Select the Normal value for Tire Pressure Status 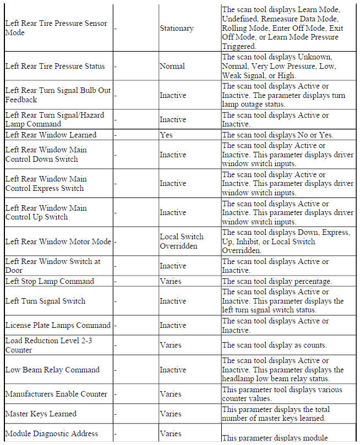[x=172, y=67]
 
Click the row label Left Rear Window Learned [x=51, y=135]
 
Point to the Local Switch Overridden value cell [x=181, y=241]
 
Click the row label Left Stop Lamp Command [x=50, y=281]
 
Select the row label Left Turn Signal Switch [x=45, y=301]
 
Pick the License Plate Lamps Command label [x=58, y=325]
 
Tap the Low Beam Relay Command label [x=52, y=370]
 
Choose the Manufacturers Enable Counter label [x=56, y=394]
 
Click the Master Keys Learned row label [x=41, y=414]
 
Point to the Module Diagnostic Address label [x=52, y=433]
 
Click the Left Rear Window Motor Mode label [x=58, y=241]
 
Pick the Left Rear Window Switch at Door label [x=53, y=266]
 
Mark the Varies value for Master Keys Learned [x=170, y=414]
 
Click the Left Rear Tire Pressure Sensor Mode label [x=56, y=28]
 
